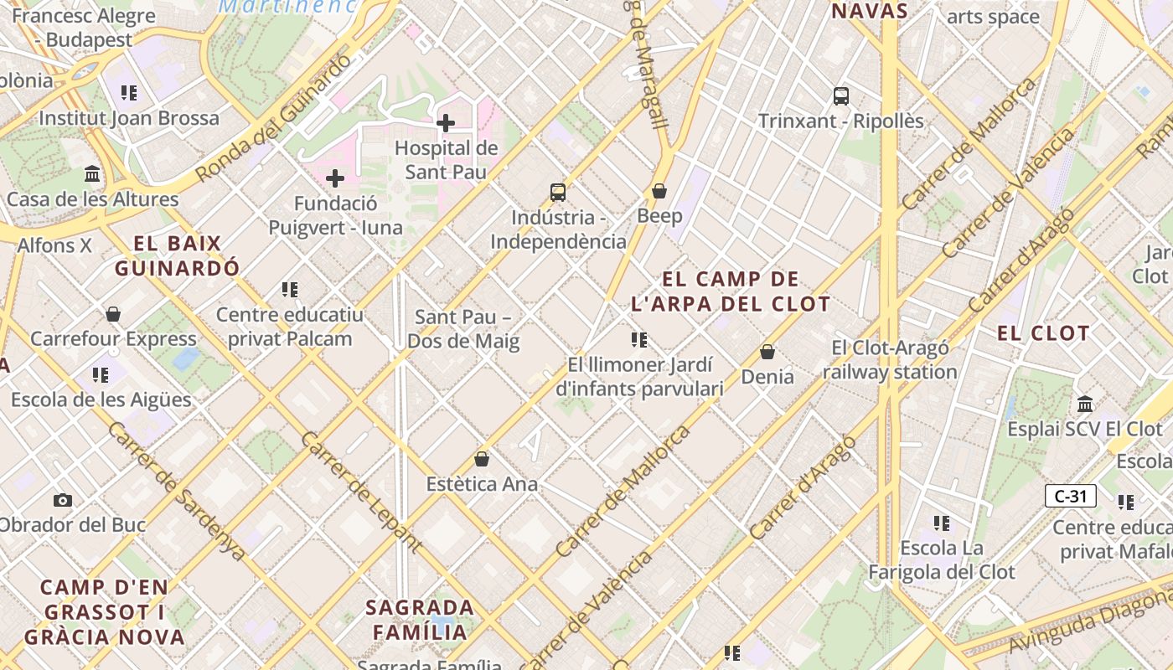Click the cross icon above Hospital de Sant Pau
pos(446,123)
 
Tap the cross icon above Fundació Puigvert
pos(335,178)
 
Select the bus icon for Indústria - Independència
pos(558,193)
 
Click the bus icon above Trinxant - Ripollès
pos(841,95)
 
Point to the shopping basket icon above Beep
pos(659,191)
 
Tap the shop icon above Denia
pos(767,352)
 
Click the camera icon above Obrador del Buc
pos(63,501)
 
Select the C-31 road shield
pos(1071,496)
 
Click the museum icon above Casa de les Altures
pos(92,174)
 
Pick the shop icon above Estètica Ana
pos(482,459)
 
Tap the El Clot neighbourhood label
pos(1042,333)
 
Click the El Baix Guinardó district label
pos(178,256)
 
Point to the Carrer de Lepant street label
pos(360,492)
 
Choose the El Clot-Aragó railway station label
pos(890,360)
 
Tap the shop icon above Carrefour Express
pos(113,314)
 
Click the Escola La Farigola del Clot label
pos(941,560)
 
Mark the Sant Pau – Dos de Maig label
pos(463,329)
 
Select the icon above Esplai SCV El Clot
pos(1085,404)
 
